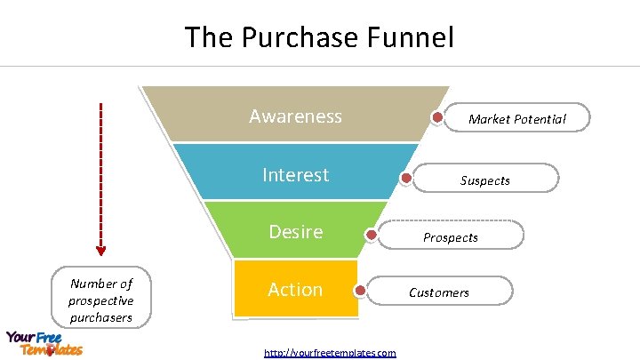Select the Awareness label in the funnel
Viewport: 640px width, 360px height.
[x=295, y=116]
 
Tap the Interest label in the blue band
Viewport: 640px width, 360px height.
[x=295, y=175]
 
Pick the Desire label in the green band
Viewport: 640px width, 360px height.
[x=295, y=232]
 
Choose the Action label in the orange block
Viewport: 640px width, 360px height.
[x=295, y=290]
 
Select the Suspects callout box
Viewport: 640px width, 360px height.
[x=485, y=180]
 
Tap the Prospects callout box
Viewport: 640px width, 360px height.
[x=451, y=236]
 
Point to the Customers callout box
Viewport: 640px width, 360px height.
[x=439, y=292]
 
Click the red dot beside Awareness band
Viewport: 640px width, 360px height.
[x=438, y=117]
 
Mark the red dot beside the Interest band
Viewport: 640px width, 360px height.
[x=406, y=178]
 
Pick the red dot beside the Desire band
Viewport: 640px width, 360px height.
[x=372, y=236]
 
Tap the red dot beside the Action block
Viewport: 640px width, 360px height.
[x=360, y=290]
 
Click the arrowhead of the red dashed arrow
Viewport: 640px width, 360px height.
[x=100, y=250]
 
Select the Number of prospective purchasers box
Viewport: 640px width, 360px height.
[x=101, y=300]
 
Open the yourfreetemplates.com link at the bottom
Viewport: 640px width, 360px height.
[x=330, y=353]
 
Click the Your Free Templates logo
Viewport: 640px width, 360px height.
[x=44, y=343]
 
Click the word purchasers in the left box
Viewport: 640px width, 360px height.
[x=101, y=316]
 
